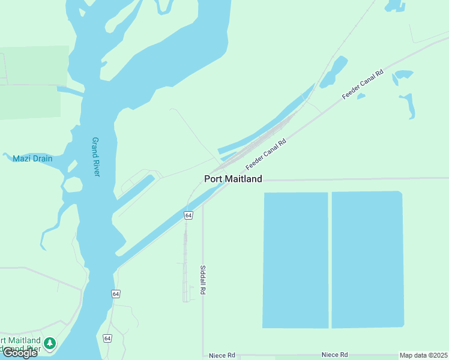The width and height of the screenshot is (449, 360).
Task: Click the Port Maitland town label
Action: pyautogui.click(x=233, y=179)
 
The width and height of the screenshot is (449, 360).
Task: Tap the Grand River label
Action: pyautogui.click(x=96, y=157)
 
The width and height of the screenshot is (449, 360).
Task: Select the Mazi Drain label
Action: pyautogui.click(x=32, y=159)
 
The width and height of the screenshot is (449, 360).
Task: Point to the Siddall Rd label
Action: pyautogui.click(x=203, y=280)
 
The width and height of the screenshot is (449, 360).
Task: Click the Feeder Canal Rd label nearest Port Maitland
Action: pyautogui.click(x=266, y=154)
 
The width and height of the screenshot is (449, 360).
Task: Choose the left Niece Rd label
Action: pyautogui.click(x=221, y=355)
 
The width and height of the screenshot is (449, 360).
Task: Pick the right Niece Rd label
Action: pyautogui.click(x=334, y=355)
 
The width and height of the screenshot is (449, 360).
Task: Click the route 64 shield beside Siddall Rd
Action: pyautogui.click(x=188, y=215)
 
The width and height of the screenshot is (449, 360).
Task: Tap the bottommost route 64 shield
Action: pyautogui.click(x=107, y=338)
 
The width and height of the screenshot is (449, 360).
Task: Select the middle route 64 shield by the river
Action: pyautogui.click(x=115, y=293)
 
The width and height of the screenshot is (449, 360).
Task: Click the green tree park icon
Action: pyautogui.click(x=50, y=343)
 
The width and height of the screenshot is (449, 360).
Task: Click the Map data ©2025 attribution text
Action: pyautogui.click(x=423, y=355)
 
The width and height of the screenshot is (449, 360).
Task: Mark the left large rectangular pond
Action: pyautogui.click(x=295, y=260)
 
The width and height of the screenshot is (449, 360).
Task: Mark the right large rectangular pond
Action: pyautogui.click(x=367, y=259)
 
